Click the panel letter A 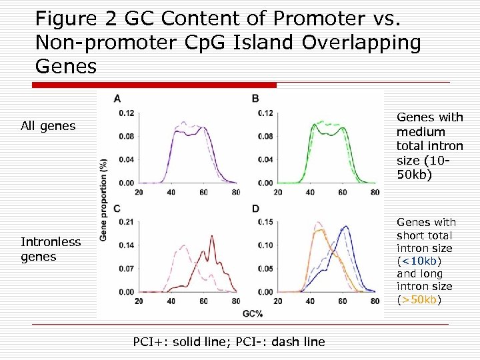(x=117, y=99)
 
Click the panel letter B (x=255, y=99)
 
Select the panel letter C (x=117, y=209)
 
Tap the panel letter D (x=255, y=209)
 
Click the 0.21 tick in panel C (x=126, y=222)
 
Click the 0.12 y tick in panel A (x=126, y=113)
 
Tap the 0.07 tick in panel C (x=126, y=269)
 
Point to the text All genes (x=48, y=125)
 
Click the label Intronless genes (x=50, y=249)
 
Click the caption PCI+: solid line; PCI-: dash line (x=229, y=342)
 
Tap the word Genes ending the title (x=66, y=67)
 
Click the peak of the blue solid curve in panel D (x=345, y=227)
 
